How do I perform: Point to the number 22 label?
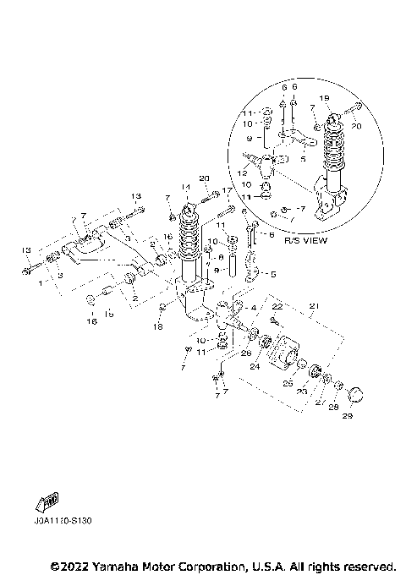(277, 306)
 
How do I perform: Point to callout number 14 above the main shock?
(182, 188)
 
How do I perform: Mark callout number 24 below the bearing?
(255, 368)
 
